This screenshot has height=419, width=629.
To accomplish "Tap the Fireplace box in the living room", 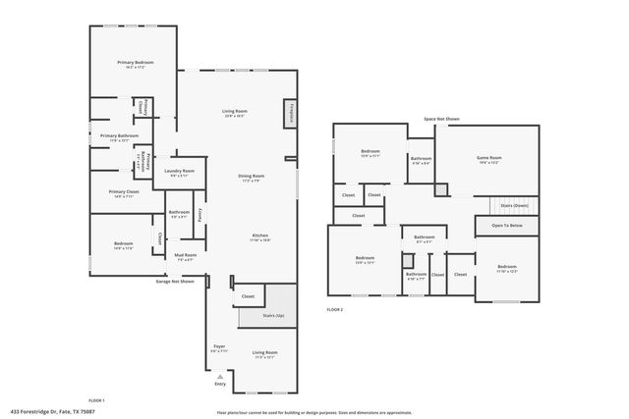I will [x=292, y=115].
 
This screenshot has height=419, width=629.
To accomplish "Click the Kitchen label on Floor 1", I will [x=259, y=236].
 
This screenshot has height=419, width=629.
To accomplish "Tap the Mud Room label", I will [x=186, y=257].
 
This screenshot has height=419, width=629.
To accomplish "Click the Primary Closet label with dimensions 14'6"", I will [x=124, y=193].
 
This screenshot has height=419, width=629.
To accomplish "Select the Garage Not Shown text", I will [x=175, y=282].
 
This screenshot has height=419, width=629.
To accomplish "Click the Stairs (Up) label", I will [x=273, y=316].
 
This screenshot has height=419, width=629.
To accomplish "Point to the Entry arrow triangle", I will [x=220, y=375].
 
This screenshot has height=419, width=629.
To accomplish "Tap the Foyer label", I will [x=219, y=348].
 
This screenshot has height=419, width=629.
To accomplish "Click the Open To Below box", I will [x=507, y=226].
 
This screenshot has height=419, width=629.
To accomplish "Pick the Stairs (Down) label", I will [x=514, y=206].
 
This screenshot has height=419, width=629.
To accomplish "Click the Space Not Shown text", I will [x=441, y=119].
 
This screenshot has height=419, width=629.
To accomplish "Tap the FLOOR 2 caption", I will [x=335, y=309].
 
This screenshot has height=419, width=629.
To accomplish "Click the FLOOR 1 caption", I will [x=96, y=400].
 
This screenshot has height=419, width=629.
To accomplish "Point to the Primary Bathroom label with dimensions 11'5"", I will [x=119, y=137].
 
